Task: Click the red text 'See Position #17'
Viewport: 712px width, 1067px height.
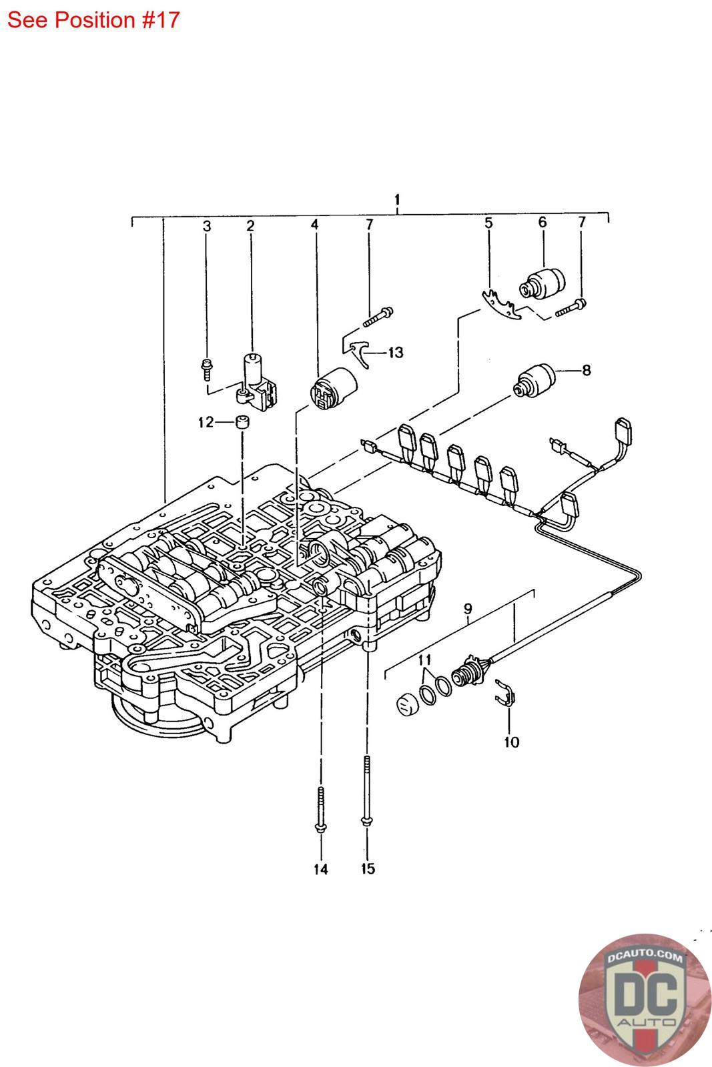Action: [93, 19]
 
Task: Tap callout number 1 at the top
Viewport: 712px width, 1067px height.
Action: [397, 199]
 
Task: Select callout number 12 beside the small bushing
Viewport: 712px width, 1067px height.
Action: [206, 422]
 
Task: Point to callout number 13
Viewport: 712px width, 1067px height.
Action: [396, 352]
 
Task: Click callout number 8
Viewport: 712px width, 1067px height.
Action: [586, 369]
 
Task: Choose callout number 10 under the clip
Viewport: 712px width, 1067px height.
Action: [511, 742]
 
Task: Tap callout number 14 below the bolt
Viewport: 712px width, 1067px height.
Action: [321, 869]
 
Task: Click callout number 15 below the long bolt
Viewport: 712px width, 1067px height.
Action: [368, 869]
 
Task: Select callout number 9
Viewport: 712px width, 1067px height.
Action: [468, 608]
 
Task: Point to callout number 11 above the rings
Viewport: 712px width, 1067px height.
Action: [424, 660]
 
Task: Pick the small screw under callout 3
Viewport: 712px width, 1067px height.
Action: [207, 364]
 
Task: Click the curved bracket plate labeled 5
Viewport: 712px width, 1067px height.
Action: [501, 305]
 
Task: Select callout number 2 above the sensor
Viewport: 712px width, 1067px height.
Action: [250, 226]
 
